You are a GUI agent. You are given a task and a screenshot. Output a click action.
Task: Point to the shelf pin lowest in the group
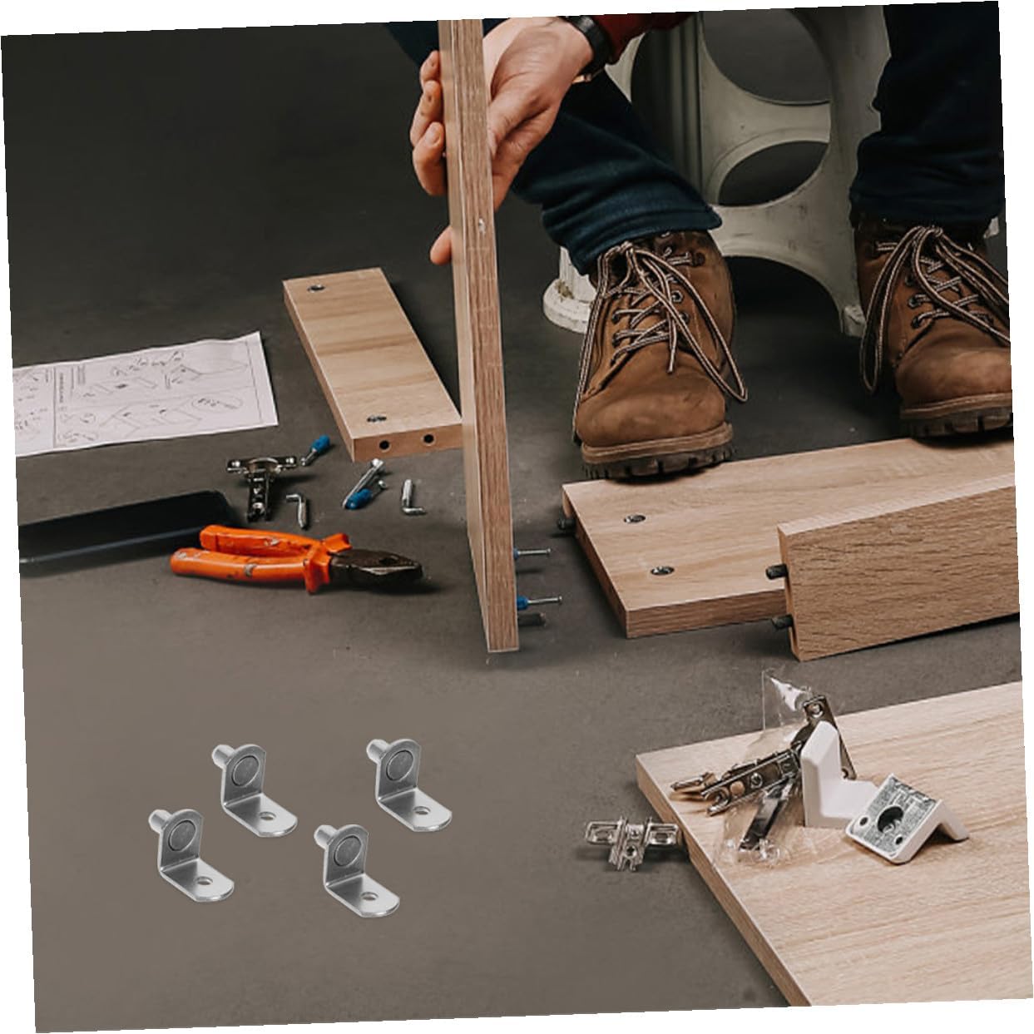354,869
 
